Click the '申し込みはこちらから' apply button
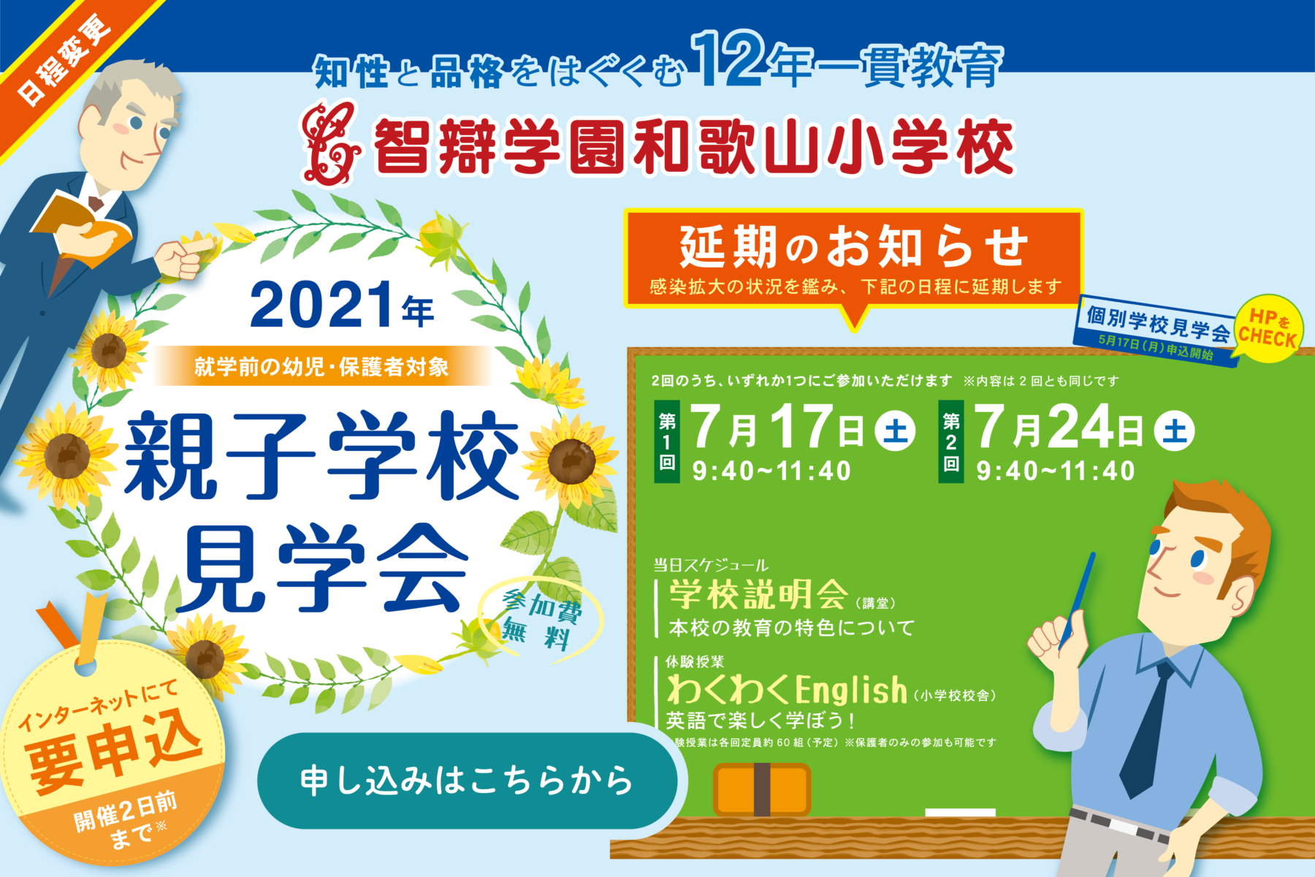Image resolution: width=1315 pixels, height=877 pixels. coord(468,781)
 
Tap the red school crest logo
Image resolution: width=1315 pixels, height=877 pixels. coord(331,143)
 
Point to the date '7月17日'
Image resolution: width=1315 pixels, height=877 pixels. coord(777,428)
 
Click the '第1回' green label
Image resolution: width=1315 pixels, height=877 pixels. coord(667,441)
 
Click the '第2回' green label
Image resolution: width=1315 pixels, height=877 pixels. coord(950,441)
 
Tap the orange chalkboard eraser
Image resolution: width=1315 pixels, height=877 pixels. coord(762,789)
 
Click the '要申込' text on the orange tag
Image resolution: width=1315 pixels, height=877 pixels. coord(114,753)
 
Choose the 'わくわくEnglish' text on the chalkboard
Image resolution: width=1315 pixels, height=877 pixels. coord(788,690)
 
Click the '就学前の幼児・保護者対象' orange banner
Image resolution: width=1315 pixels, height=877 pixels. coord(321,366)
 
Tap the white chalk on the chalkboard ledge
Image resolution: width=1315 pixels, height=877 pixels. coord(960,813)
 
